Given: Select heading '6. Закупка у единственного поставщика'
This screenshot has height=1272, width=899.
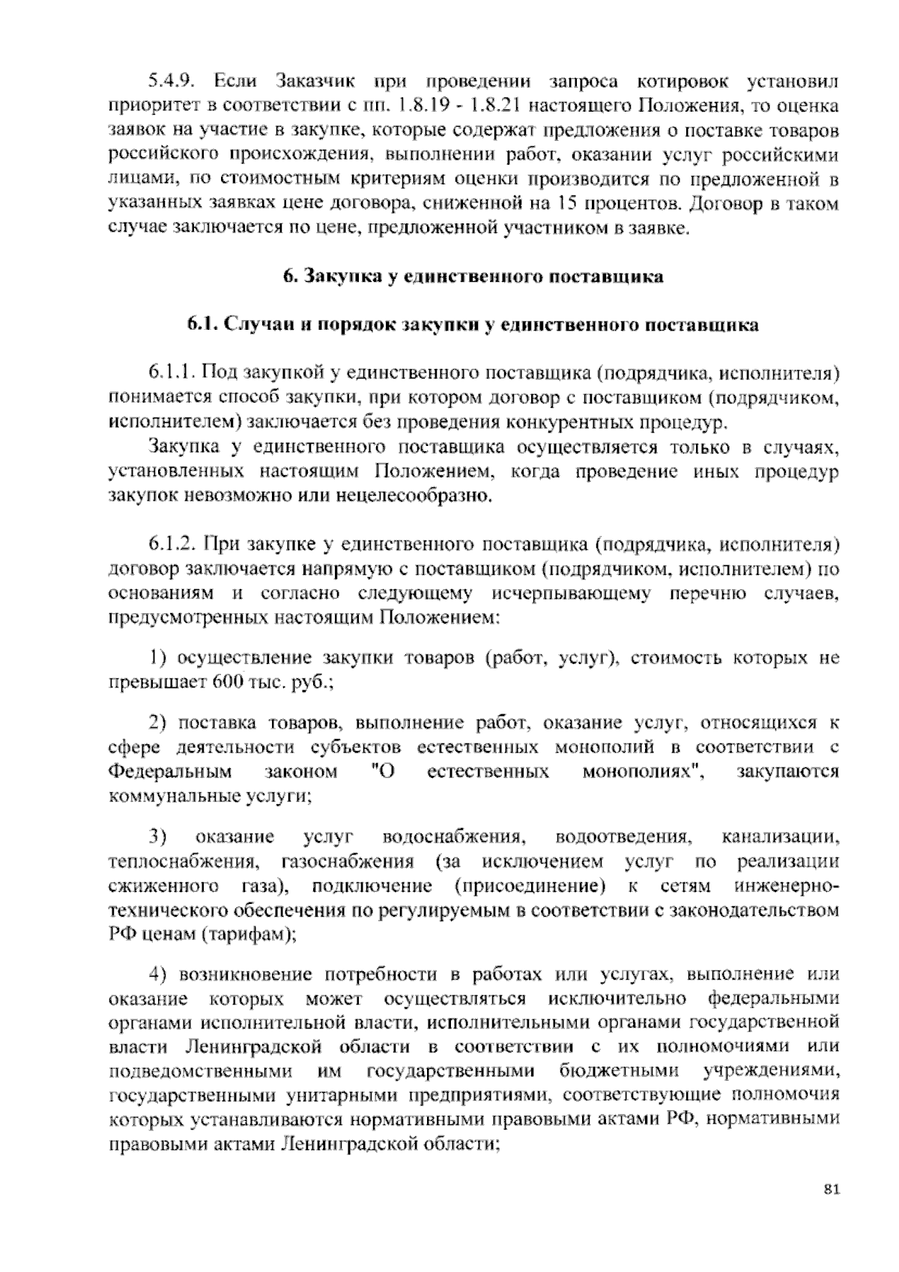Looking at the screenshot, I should (x=473, y=277).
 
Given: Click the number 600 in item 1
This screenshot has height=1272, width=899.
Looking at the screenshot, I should (x=226, y=683).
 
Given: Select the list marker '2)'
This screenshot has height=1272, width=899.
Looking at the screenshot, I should (x=157, y=723).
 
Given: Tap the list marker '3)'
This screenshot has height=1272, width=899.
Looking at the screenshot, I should (x=157, y=837).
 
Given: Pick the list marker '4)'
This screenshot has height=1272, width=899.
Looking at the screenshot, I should (x=157, y=974).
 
